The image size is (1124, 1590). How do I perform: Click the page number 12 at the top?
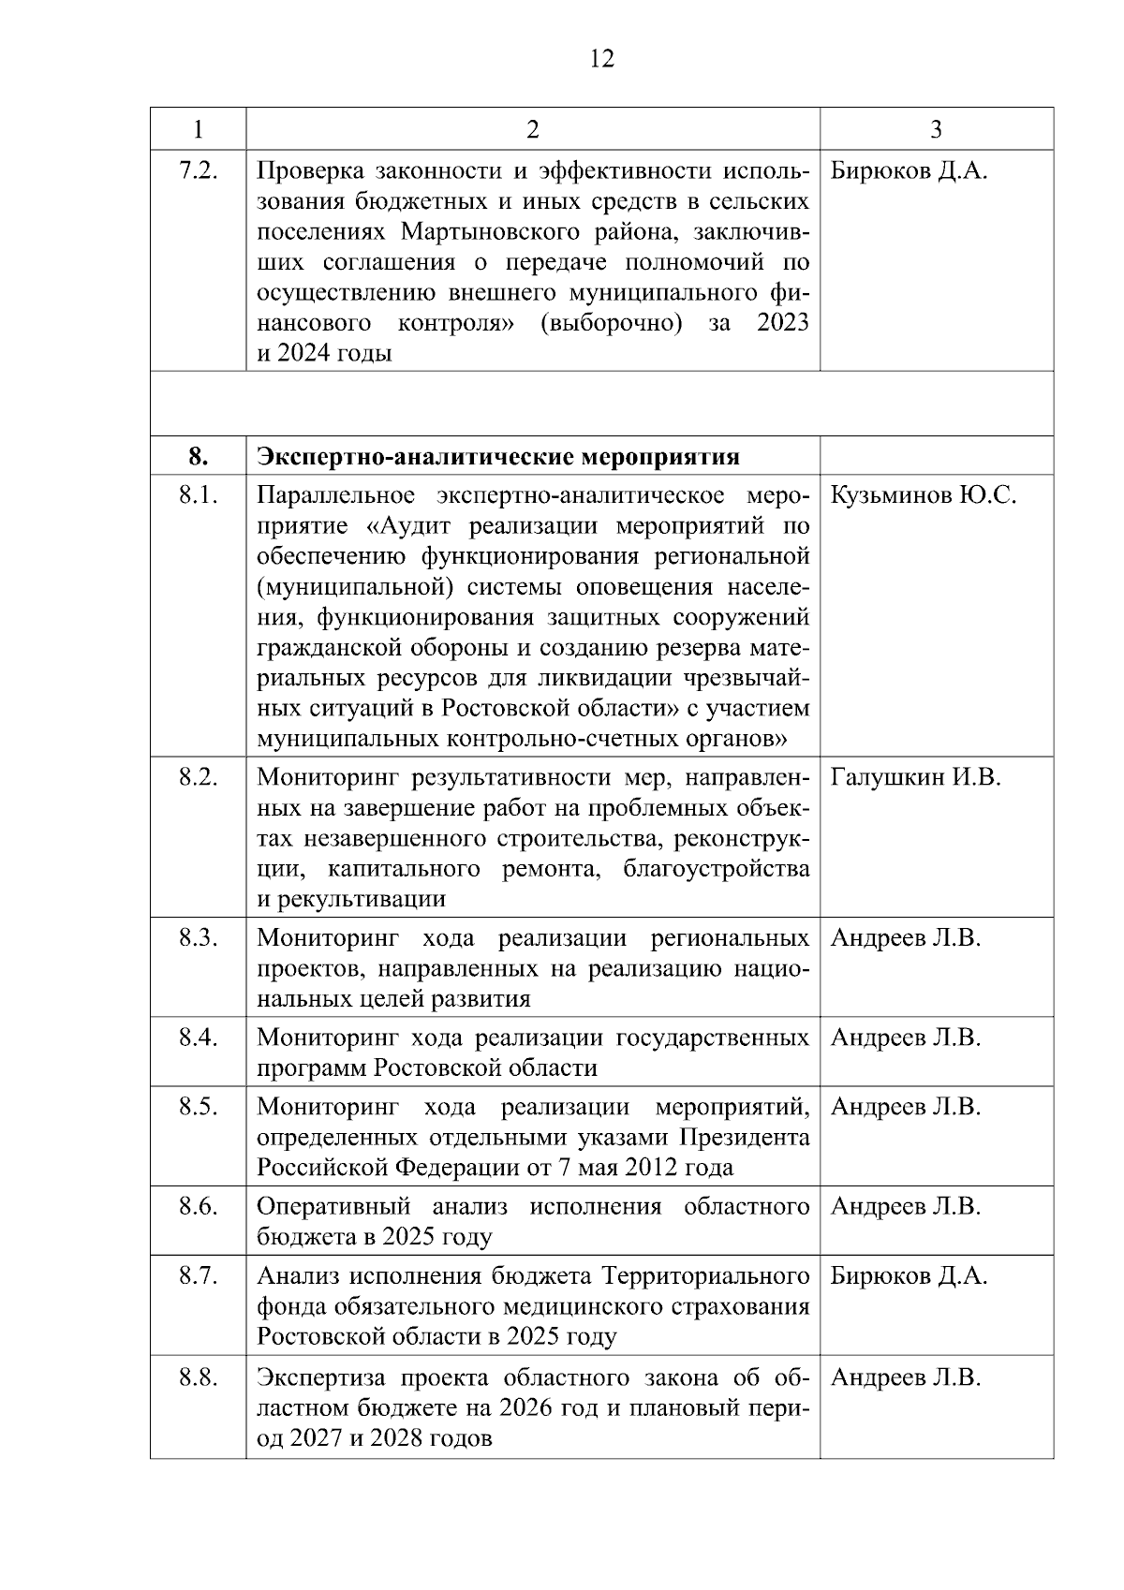click(x=602, y=60)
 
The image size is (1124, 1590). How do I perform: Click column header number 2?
click(x=532, y=129)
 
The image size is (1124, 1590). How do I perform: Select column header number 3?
click(x=936, y=129)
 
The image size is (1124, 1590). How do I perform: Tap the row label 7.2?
click(x=198, y=171)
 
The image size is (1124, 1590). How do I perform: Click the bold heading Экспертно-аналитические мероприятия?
click(x=498, y=457)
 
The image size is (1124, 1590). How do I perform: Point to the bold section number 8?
click(x=198, y=457)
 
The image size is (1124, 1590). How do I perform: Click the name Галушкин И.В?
click(x=915, y=777)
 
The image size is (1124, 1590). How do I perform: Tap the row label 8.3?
click(x=198, y=938)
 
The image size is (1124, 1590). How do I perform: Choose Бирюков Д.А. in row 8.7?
click(x=909, y=1276)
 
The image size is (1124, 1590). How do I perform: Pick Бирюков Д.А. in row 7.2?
click(x=909, y=171)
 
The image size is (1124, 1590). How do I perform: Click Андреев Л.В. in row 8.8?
click(x=905, y=1377)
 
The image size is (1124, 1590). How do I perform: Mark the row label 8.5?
click(x=198, y=1107)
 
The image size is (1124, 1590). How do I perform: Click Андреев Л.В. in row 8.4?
click(x=905, y=1038)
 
